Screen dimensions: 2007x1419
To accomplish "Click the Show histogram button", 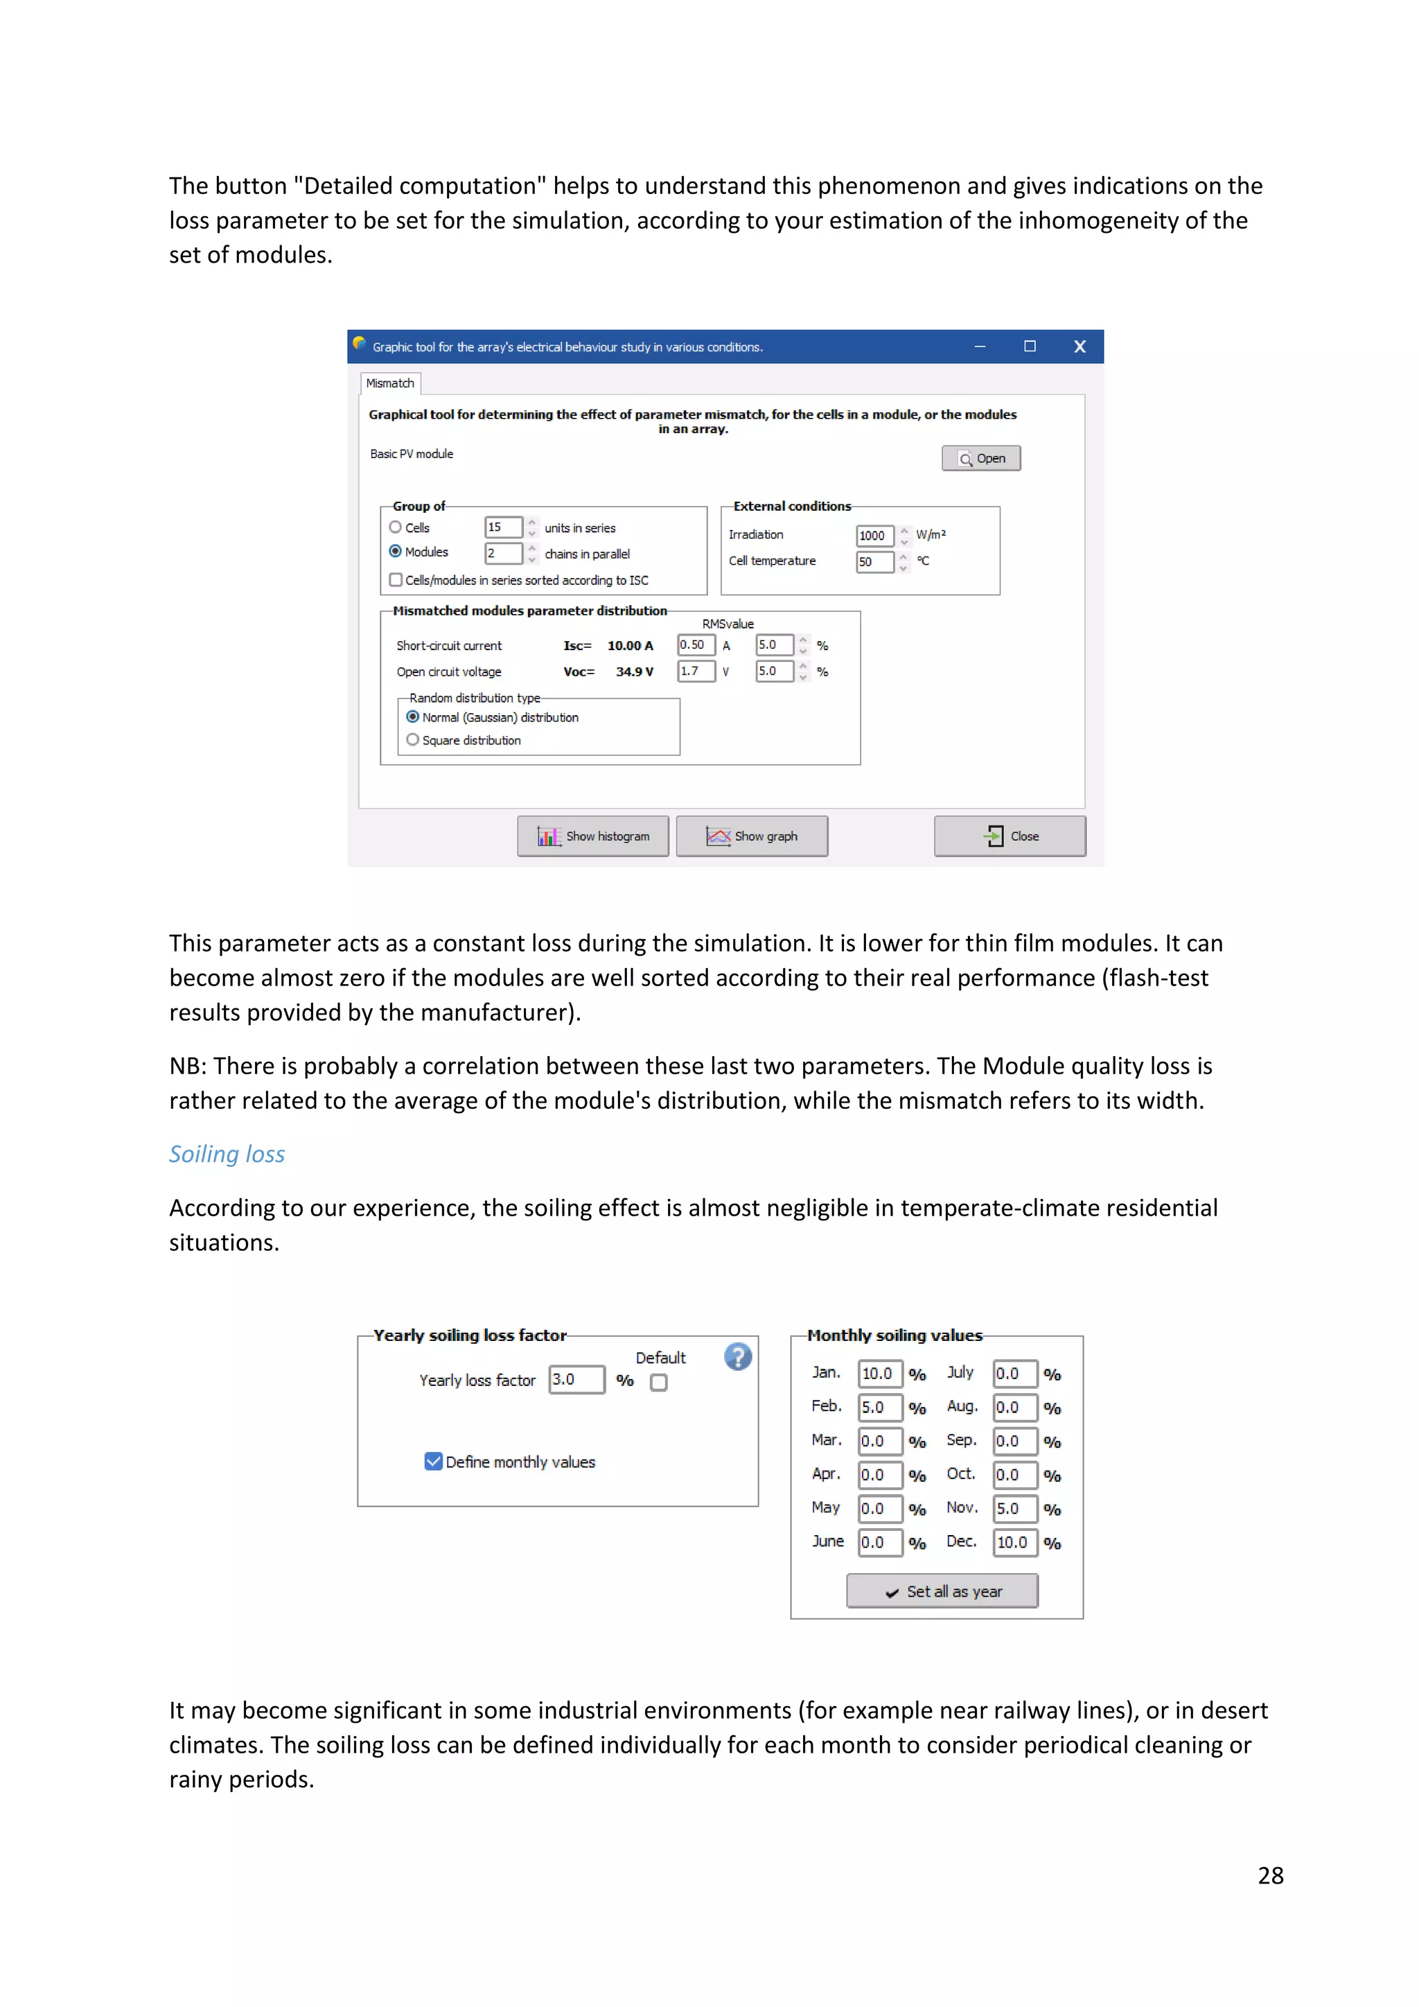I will [x=592, y=836].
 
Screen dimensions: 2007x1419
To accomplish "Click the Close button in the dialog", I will [x=1010, y=836].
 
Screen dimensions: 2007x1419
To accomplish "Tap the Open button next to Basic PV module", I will [x=980, y=458].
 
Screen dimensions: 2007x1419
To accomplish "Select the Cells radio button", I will [x=396, y=527].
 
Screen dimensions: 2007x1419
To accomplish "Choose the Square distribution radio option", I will [x=412, y=739].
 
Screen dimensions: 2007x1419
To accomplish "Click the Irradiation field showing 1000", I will [x=874, y=535].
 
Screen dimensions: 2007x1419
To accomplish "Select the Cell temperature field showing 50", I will [x=874, y=561].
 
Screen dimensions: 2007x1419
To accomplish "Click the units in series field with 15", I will [x=502, y=527].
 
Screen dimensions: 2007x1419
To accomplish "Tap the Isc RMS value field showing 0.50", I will [x=695, y=645].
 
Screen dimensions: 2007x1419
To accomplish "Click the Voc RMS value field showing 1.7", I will [x=695, y=672].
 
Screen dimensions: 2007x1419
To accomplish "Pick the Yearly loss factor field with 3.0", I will [x=575, y=1379].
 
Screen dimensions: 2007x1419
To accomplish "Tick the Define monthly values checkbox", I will [x=433, y=1462].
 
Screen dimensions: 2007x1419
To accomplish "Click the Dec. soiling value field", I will [x=1014, y=1542].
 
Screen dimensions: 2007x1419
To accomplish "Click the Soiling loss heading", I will [x=227, y=1154].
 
